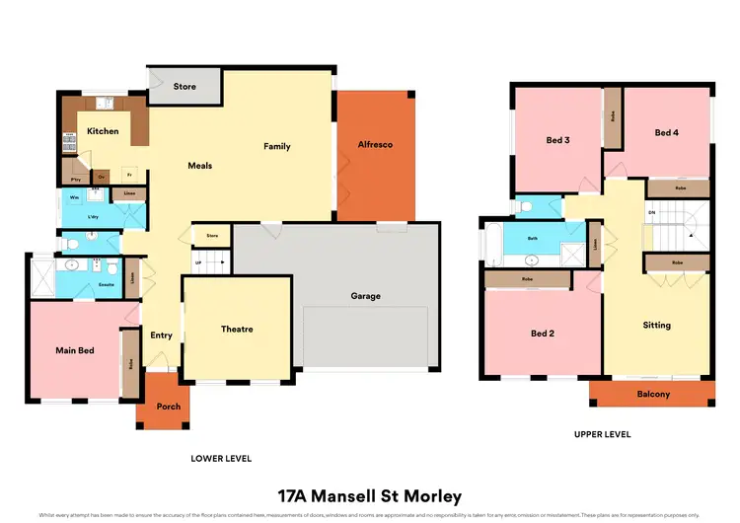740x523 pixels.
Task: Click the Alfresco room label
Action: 375,145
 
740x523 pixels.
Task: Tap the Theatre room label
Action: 237,330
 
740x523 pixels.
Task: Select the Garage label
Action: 365,296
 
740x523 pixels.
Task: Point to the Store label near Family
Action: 185,87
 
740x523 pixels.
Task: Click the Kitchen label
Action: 103,131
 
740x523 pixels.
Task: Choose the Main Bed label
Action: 74,350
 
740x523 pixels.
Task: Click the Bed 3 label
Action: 558,140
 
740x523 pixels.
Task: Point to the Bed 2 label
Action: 543,334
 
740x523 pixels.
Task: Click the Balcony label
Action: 653,395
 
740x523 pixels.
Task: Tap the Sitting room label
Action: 656,325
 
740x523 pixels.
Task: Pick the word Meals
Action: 200,166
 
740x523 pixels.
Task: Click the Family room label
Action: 277,147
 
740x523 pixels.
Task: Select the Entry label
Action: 162,336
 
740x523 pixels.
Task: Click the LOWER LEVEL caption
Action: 221,458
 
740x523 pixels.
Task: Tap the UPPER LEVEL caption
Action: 602,434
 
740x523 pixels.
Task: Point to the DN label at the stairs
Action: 651,213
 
